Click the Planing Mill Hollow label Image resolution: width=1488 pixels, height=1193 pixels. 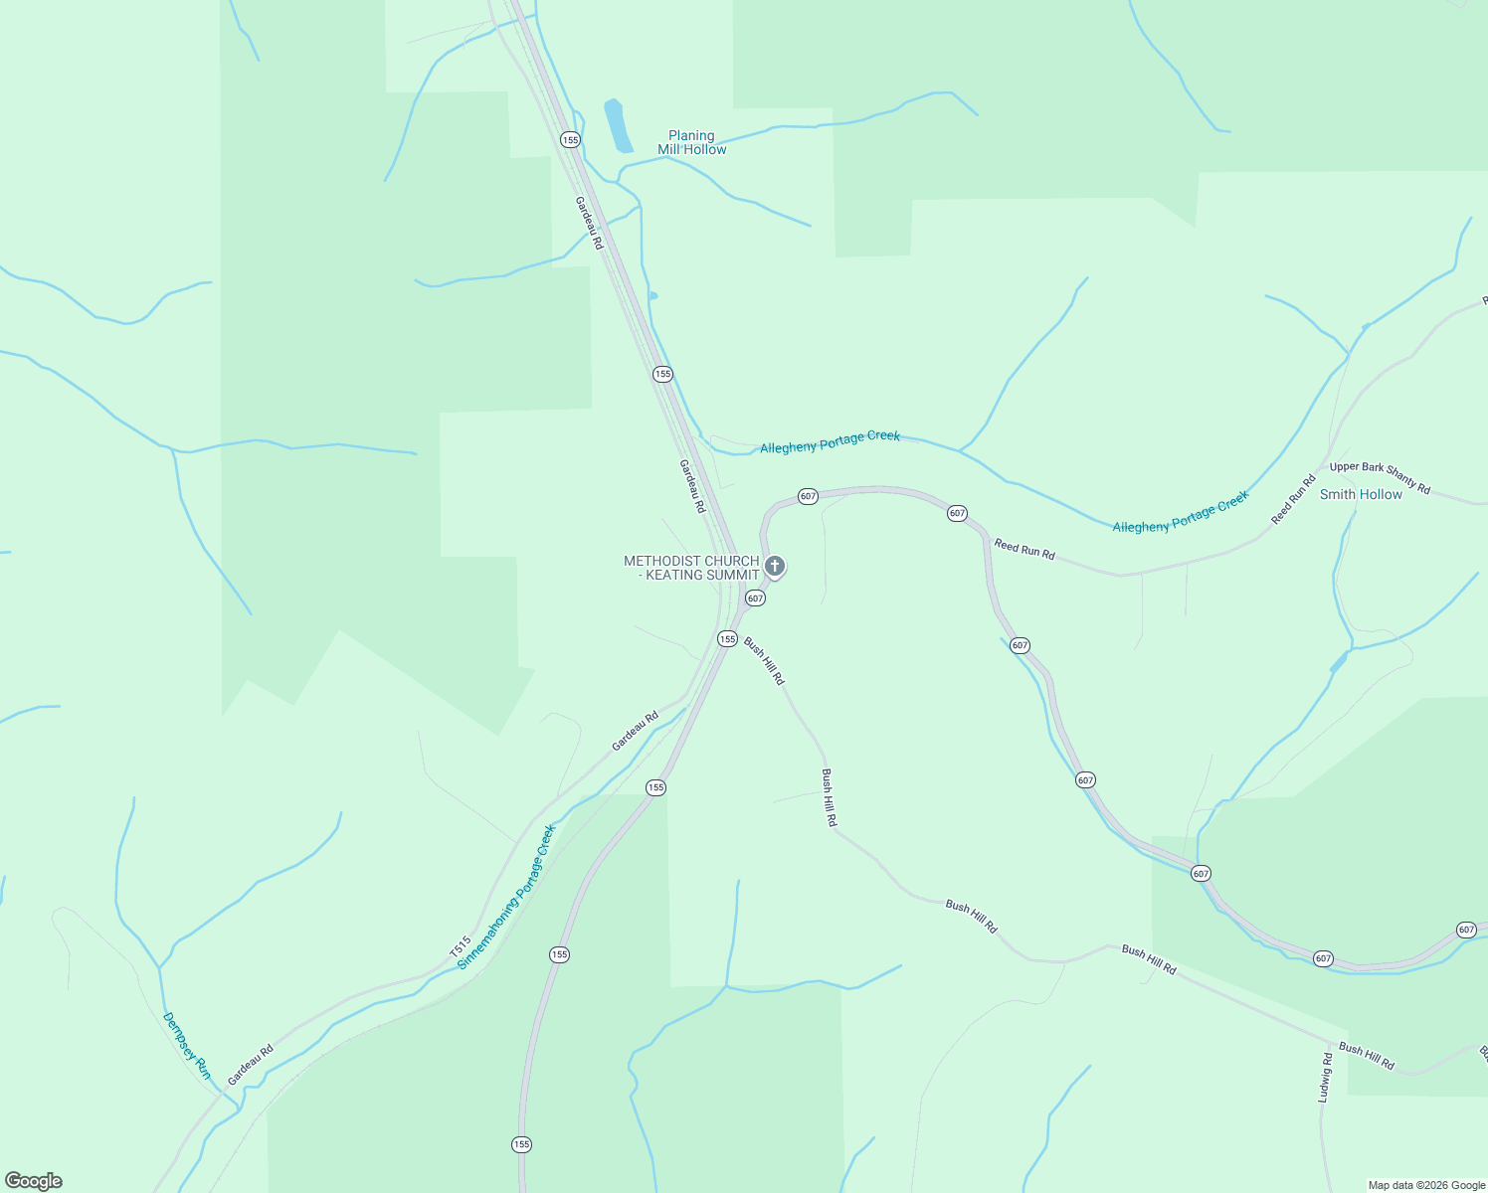(691, 142)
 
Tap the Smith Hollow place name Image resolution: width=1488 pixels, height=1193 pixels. (1360, 494)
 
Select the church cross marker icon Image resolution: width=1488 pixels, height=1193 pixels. (775, 567)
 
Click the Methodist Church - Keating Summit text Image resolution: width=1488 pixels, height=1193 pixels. (691, 568)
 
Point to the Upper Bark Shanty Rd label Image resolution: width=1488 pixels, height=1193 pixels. (1380, 478)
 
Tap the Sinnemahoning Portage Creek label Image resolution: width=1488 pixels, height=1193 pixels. (505, 897)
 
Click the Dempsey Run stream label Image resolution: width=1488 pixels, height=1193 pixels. (187, 1046)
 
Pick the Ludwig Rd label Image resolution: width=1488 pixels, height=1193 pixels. (1325, 1078)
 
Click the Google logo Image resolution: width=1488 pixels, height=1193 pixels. (33, 1181)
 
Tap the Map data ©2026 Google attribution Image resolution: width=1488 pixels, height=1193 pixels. (1426, 1185)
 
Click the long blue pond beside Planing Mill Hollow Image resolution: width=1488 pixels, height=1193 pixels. (618, 125)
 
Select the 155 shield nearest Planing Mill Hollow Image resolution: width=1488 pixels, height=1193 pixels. (570, 140)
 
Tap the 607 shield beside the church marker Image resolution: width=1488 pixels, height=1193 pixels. (755, 598)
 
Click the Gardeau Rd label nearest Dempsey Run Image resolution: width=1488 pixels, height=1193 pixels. (250, 1065)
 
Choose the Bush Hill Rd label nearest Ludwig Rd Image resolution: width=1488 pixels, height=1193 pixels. (1366, 1056)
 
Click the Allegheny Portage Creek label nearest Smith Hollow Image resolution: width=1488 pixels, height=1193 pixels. (1180, 512)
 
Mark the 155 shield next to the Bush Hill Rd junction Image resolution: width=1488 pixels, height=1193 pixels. (727, 639)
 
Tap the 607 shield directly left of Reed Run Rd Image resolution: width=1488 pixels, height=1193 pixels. (957, 513)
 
